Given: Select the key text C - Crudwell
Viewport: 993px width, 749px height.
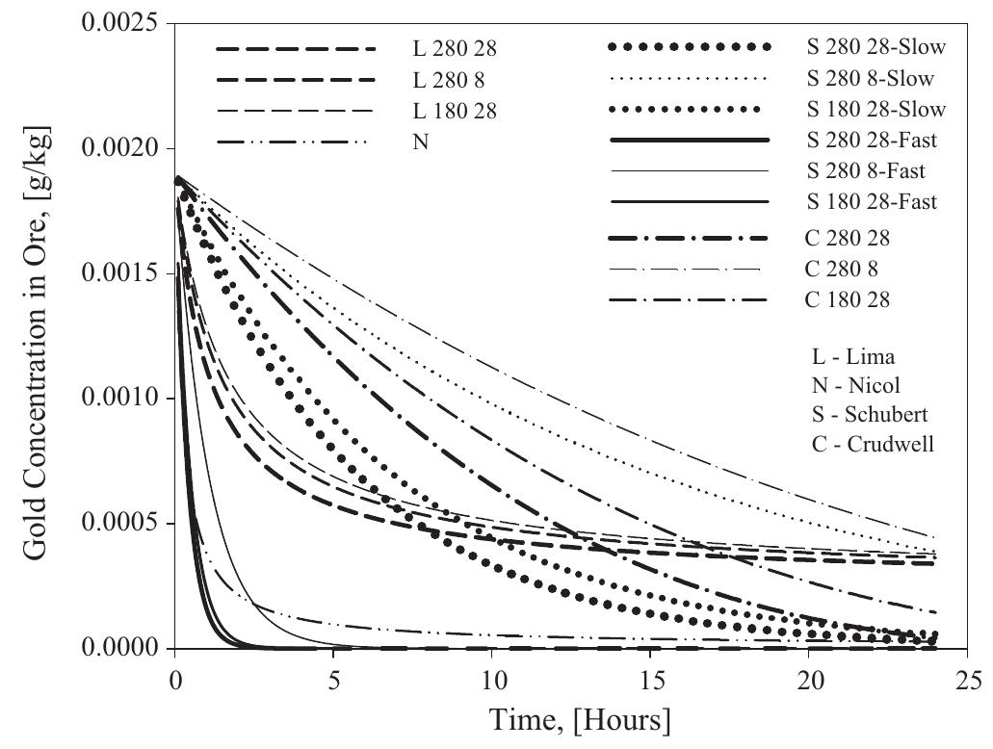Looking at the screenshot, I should (863, 444).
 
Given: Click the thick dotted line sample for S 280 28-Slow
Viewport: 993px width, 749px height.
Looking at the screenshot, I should (690, 46).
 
